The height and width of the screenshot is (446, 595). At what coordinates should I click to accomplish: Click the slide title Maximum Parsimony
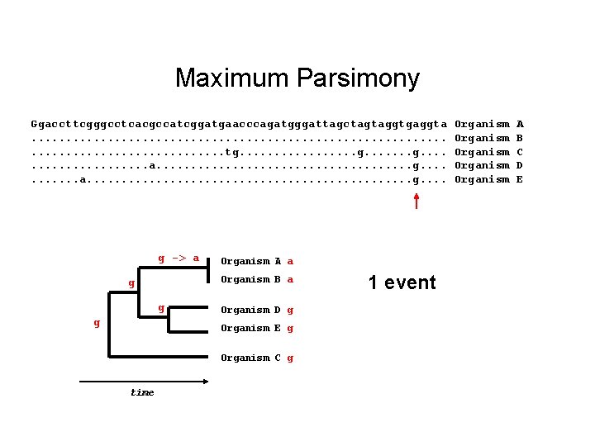(x=297, y=78)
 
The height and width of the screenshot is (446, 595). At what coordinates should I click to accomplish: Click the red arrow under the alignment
(x=416, y=201)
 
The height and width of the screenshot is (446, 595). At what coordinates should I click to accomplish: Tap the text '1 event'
(x=402, y=282)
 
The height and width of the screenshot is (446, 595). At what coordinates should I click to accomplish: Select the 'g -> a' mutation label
(x=178, y=259)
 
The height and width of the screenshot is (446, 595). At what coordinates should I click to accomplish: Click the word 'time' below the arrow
(x=142, y=392)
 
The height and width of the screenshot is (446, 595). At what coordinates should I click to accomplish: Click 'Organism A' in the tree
(x=250, y=262)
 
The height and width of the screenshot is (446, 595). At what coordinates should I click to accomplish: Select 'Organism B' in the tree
(x=250, y=280)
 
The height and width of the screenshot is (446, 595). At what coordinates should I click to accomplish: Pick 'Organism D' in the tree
(x=250, y=311)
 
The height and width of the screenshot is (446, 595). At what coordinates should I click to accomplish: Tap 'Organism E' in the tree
(x=250, y=329)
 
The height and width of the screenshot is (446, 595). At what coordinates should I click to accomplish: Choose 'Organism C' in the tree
(x=250, y=358)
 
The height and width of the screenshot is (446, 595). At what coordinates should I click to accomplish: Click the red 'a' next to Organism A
(x=291, y=262)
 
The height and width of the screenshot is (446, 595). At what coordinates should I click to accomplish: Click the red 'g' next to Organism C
(x=291, y=358)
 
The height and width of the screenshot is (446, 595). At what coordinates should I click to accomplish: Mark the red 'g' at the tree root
(x=97, y=323)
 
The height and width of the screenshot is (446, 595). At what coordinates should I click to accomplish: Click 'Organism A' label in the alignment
(x=489, y=124)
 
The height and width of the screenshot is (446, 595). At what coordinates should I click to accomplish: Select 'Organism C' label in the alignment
(x=489, y=152)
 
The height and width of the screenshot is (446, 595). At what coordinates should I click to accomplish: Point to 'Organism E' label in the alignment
(x=489, y=179)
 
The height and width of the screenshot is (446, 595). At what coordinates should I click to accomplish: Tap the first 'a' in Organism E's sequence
(x=83, y=179)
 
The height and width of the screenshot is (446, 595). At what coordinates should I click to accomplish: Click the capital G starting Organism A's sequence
(x=35, y=124)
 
